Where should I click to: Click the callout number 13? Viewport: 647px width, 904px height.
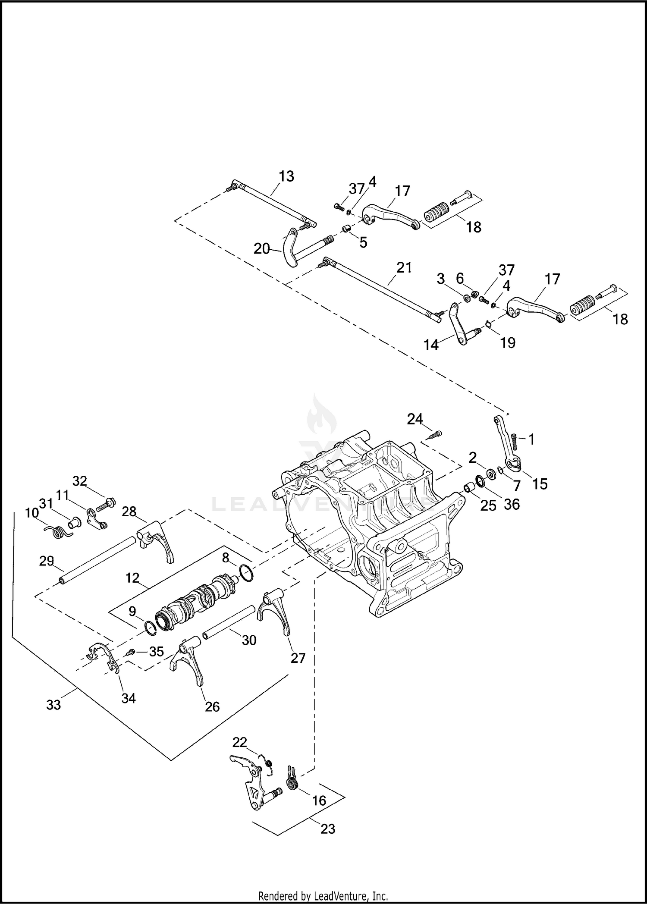tap(286, 176)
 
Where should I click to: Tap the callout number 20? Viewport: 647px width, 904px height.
tap(261, 249)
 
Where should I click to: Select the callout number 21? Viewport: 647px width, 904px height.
tap(404, 267)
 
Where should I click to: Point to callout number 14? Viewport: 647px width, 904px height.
tap(431, 345)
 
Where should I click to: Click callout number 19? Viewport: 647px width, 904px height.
tap(508, 342)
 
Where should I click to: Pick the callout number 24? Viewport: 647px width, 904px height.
tap(415, 419)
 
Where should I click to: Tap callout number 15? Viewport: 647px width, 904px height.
tap(540, 484)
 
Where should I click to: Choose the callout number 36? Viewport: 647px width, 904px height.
tap(512, 504)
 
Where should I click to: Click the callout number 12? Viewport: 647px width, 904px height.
tap(132, 578)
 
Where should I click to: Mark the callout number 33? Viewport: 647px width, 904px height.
tap(53, 705)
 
